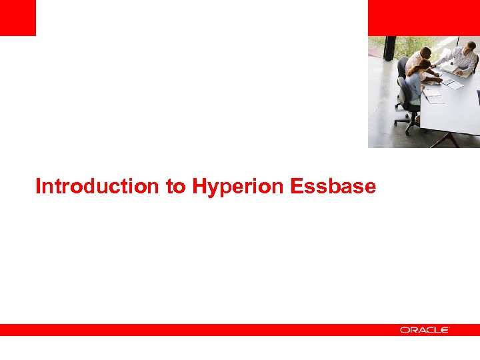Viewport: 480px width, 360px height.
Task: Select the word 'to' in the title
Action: (x=177, y=187)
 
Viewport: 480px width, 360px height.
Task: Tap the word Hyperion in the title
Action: (x=239, y=187)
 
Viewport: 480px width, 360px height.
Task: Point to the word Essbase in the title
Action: (x=333, y=187)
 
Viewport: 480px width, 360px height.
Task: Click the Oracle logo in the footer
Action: (x=425, y=330)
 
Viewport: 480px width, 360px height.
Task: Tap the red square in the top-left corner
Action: (x=17, y=17)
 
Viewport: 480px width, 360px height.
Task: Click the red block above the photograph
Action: (x=423, y=17)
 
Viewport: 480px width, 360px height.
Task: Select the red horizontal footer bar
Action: (x=200, y=330)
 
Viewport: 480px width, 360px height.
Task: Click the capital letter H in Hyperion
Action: (x=200, y=187)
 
